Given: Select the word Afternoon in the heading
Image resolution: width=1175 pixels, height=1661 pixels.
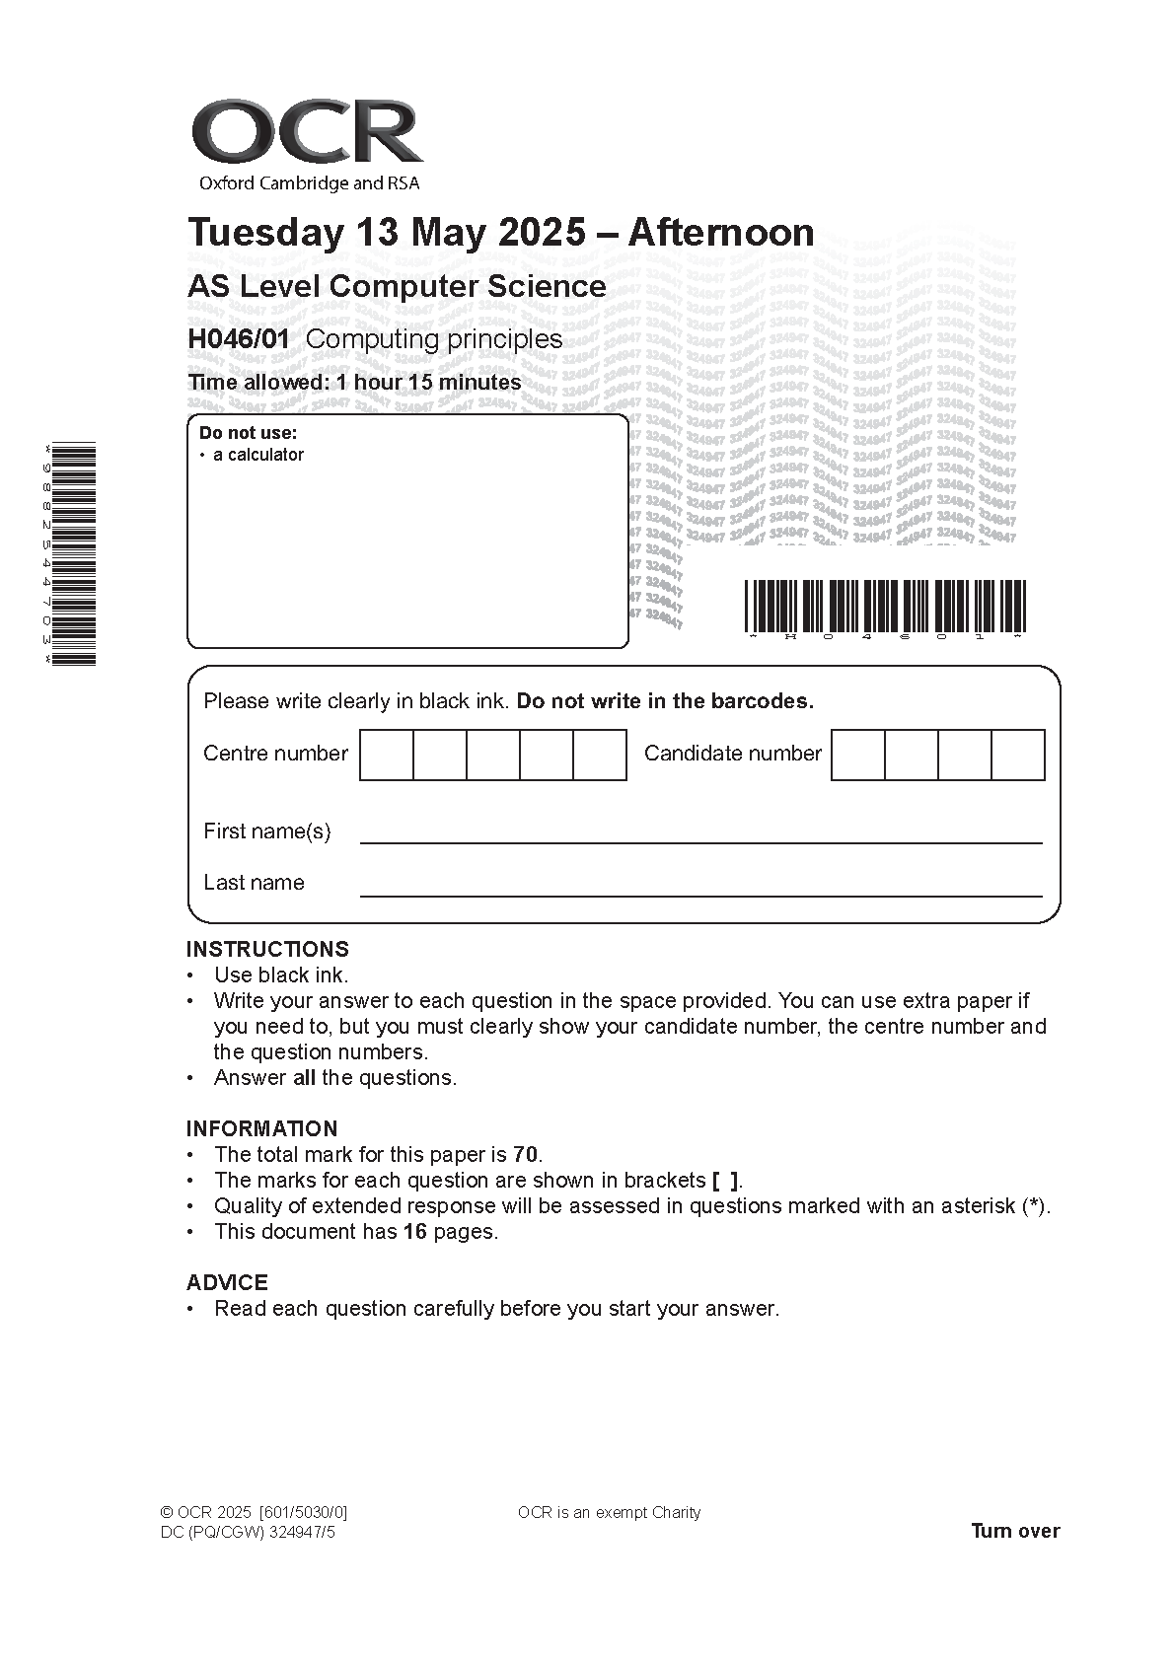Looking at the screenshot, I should (721, 233).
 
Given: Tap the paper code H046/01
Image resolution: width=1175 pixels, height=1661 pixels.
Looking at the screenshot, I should (239, 339).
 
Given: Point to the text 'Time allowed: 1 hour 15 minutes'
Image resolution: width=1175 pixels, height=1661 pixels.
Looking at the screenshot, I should (354, 383).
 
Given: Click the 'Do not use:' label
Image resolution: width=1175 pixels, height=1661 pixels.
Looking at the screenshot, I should (248, 433).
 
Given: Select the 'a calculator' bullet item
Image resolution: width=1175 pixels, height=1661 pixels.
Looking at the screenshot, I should (257, 455).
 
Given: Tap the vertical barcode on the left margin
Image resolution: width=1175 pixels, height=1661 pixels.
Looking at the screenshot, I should (73, 553).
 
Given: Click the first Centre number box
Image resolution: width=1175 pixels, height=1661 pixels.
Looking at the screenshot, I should (387, 755).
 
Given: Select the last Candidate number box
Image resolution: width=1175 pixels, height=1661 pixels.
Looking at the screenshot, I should (1017, 755).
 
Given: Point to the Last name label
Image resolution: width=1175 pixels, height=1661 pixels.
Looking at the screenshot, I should (254, 883).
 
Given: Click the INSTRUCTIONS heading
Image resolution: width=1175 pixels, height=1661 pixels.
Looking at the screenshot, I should (267, 950).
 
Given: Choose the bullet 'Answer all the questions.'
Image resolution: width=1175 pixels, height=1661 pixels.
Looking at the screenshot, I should (335, 1078).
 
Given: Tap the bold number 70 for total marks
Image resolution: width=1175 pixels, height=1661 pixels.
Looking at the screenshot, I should (526, 1155).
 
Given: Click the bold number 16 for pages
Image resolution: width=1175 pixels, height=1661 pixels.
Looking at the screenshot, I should (414, 1232).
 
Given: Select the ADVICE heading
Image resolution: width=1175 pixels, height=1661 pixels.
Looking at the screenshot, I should (227, 1283).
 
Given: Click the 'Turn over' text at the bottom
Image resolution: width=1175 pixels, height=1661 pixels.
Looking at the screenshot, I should (1015, 1531).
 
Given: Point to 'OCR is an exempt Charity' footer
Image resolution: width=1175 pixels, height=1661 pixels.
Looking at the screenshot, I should (609, 1513).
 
